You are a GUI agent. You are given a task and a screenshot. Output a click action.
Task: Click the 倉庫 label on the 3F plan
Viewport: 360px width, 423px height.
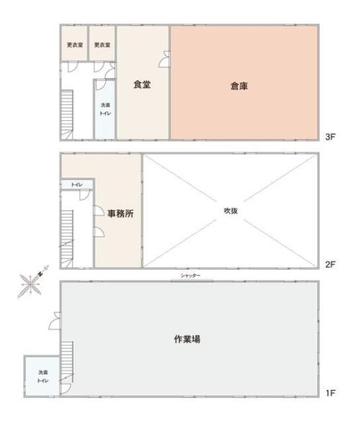(239, 86)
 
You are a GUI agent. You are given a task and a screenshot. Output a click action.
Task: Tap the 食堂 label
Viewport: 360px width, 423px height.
(142, 84)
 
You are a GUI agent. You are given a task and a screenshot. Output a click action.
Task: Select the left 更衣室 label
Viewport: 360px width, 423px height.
(75, 45)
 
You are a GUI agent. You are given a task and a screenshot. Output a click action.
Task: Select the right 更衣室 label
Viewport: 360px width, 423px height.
(102, 45)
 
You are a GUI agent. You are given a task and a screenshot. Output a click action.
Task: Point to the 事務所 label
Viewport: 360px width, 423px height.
(120, 214)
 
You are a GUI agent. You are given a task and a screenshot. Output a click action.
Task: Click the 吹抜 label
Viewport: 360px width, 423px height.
(231, 211)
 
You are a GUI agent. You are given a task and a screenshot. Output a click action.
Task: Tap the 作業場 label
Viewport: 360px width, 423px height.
(187, 339)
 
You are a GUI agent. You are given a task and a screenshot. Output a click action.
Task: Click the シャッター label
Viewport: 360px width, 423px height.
(190, 276)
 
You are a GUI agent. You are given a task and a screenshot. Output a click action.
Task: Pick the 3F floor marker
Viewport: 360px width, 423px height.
(330, 137)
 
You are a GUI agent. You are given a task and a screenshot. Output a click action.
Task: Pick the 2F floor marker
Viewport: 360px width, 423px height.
(330, 265)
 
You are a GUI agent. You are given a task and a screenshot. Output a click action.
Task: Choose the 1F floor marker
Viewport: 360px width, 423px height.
(330, 393)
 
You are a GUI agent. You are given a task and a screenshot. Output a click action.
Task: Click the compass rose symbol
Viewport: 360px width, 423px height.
(32, 283)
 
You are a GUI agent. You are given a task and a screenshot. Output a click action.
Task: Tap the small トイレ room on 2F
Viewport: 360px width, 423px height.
(77, 184)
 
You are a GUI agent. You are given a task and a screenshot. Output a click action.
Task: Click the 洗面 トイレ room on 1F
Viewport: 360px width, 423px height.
(42, 377)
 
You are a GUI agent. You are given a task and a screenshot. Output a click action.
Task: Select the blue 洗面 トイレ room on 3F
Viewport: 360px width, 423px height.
(105, 109)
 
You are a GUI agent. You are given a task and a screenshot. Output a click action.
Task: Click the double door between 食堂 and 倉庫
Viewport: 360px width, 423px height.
(165, 59)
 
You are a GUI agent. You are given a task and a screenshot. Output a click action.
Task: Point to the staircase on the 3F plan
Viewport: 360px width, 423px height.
(67, 114)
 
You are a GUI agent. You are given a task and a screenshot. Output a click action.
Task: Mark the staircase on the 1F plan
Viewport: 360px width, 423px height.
(67, 362)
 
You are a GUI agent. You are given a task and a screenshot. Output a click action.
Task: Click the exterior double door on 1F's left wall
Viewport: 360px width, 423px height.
(55, 321)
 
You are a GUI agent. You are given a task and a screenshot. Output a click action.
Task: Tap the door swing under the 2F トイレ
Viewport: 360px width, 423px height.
(84, 195)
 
